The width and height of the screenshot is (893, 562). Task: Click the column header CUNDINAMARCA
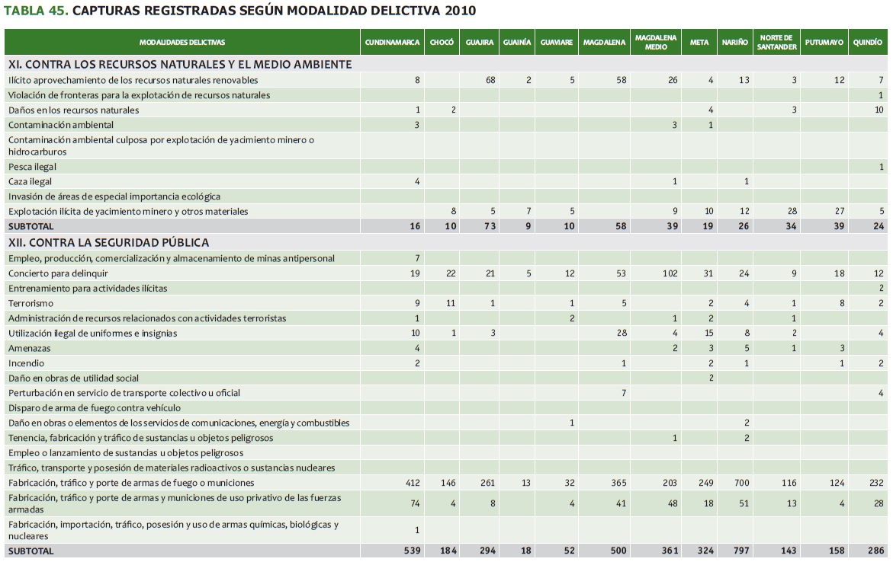click(x=392, y=43)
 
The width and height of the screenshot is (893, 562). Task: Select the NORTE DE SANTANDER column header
click(x=776, y=43)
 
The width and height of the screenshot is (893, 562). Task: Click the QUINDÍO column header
click(x=867, y=43)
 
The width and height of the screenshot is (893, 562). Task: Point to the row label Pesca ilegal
click(x=33, y=167)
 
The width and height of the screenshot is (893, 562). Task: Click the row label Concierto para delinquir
click(x=58, y=273)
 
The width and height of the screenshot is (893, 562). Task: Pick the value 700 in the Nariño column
click(x=739, y=483)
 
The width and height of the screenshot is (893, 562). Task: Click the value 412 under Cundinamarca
click(x=413, y=483)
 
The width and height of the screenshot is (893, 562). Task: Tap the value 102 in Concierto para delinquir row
click(x=670, y=273)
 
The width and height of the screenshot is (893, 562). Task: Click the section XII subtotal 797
click(x=737, y=551)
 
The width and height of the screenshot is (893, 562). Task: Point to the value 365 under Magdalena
click(x=618, y=483)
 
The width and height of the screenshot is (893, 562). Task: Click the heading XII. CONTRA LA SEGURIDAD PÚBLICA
click(x=108, y=243)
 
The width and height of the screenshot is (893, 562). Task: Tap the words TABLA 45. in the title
click(x=37, y=11)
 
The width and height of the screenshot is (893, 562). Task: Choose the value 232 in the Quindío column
click(x=875, y=483)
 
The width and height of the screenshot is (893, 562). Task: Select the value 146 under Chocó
click(x=448, y=483)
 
